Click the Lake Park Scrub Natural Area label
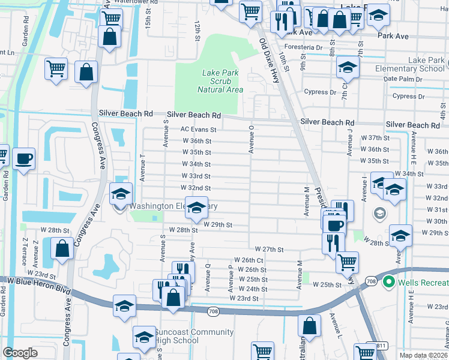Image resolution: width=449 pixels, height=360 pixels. [x=220, y=81]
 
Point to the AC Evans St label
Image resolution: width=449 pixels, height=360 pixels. [x=198, y=129]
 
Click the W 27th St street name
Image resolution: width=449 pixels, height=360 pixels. [x=268, y=249]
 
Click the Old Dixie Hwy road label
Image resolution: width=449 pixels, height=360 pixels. [x=269, y=60]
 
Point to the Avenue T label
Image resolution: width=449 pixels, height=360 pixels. [x=142, y=167]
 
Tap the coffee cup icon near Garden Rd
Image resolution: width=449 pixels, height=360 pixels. [x=23, y=159]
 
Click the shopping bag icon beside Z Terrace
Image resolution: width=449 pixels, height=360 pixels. [x=62, y=248]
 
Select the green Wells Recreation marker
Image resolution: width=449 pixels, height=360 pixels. [x=388, y=281]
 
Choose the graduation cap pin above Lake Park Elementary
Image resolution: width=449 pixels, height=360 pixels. [x=348, y=68]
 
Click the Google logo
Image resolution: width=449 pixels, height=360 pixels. [x=20, y=353]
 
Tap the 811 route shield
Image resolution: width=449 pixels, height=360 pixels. [x=380, y=346]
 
